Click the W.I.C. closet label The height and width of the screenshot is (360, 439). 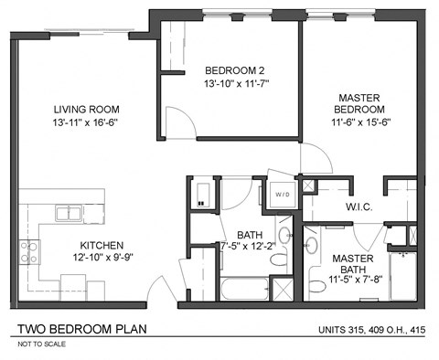click(358, 206)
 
